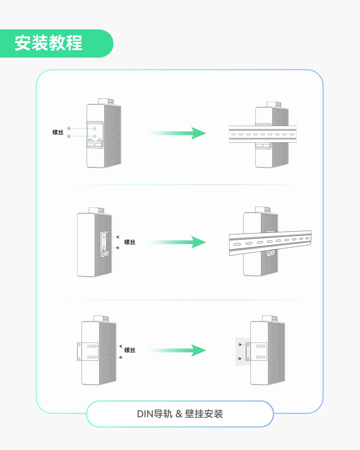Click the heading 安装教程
[x=49, y=43]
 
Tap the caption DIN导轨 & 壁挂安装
[x=180, y=414]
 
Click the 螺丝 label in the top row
[x=58, y=132]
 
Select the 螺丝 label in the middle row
[x=130, y=242]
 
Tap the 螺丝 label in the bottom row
[x=130, y=350]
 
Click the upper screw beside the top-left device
[x=68, y=129]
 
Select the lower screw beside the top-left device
[x=68, y=136]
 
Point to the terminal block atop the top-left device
[x=106, y=101]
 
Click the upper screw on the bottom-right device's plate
[x=240, y=344]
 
